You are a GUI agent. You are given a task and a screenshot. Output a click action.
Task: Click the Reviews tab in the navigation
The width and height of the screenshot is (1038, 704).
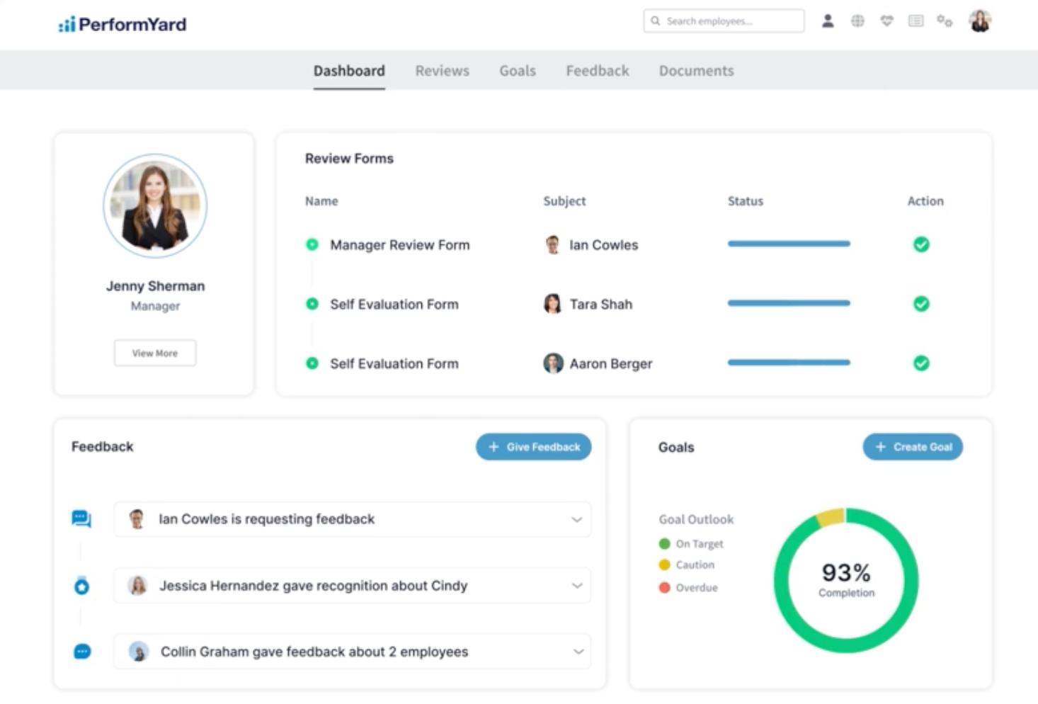[442, 71]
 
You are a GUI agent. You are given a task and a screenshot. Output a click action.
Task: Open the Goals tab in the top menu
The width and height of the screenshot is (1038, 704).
[517, 71]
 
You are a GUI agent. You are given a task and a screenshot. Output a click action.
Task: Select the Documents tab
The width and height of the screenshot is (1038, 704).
[696, 71]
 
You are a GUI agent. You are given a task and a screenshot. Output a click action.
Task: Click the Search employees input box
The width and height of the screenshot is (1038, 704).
[724, 21]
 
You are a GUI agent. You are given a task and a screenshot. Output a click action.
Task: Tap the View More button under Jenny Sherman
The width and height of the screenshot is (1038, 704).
[155, 353]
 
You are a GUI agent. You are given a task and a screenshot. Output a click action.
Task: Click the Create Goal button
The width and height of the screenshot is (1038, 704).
[912, 447]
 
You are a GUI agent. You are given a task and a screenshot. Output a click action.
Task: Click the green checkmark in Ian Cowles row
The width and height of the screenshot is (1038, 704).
[921, 244]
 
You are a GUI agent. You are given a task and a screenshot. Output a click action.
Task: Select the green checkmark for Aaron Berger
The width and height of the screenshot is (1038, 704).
[921, 363]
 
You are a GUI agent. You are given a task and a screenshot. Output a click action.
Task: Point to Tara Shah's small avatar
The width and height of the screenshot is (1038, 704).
[552, 304]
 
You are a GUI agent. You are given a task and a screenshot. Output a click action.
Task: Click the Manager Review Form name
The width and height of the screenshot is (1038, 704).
[399, 245]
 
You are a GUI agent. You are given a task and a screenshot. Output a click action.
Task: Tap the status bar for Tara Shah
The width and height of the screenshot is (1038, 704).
[789, 303]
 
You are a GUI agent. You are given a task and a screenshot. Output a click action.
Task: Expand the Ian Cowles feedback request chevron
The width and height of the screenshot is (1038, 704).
[576, 519]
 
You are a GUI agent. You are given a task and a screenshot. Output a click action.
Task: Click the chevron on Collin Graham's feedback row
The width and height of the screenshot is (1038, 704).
[578, 652]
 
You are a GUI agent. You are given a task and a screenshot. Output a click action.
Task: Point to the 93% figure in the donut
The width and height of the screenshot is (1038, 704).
[846, 572]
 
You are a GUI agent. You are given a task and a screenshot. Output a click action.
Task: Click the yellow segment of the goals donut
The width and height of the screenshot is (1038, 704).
[830, 517]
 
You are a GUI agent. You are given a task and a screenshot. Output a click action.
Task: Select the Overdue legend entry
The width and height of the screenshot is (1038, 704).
[696, 588]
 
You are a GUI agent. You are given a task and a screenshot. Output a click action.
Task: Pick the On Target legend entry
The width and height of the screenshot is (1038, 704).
[699, 544]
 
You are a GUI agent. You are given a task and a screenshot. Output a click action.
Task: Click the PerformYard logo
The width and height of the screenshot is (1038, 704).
[122, 25]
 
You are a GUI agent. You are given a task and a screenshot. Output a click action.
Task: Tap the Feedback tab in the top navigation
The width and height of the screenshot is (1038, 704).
[597, 71]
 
